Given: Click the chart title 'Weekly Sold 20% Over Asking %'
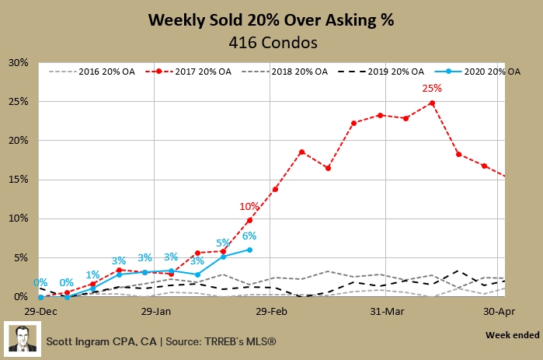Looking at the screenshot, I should tap(271, 20).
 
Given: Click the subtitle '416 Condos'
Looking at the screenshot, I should tap(271, 42).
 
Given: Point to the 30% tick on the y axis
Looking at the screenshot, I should tap(18, 62).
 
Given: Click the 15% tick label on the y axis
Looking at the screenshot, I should tap(18, 180).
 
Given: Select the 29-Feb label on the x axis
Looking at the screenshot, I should tap(272, 309).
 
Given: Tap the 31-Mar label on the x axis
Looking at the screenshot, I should tap(387, 309).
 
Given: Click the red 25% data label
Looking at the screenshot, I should tap(431, 89).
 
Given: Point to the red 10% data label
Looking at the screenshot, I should tap(249, 206).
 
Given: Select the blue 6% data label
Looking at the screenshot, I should tap(249, 236).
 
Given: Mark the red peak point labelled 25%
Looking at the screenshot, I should tap(432, 103).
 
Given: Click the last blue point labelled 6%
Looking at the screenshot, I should tap(249, 250).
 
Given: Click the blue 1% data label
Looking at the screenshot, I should tap(93, 274).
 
